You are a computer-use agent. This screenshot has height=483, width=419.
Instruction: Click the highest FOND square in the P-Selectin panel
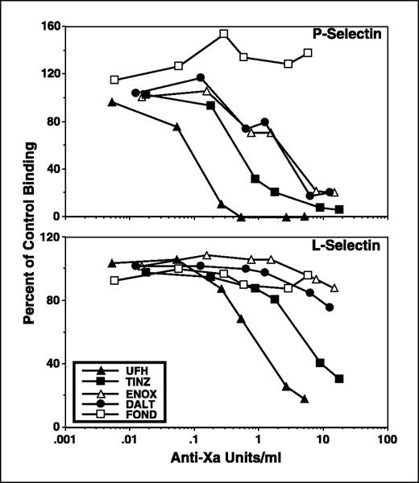click(224, 34)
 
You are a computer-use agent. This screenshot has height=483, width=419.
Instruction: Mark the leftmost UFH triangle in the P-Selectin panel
click(112, 102)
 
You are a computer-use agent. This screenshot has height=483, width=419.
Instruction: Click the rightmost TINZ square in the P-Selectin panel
click(339, 209)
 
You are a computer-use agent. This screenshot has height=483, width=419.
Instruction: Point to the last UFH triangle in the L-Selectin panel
click(305, 398)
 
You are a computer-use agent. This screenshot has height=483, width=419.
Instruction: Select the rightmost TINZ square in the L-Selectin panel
click(339, 378)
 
